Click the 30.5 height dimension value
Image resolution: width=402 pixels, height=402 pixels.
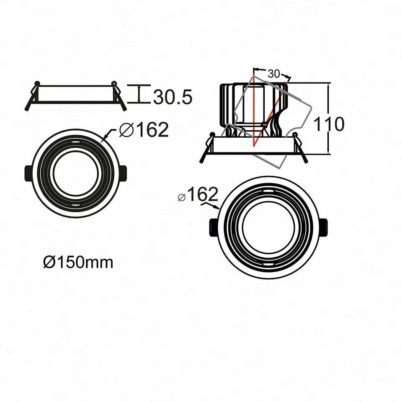(173, 97)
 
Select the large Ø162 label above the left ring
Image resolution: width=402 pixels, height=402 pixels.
(143, 130)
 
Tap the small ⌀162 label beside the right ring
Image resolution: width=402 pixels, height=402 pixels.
(198, 195)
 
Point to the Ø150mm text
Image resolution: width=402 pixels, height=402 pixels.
(78, 263)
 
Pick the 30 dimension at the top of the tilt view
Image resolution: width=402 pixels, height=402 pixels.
(273, 74)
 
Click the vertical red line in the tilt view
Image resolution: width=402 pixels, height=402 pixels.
(254, 109)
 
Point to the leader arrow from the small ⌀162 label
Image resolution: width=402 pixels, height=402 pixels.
(211, 206)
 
